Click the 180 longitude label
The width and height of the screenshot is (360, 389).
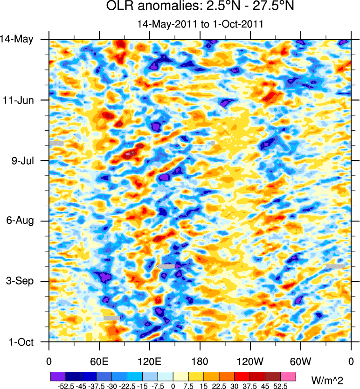pos(200,361)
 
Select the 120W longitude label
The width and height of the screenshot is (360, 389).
pos(250,361)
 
